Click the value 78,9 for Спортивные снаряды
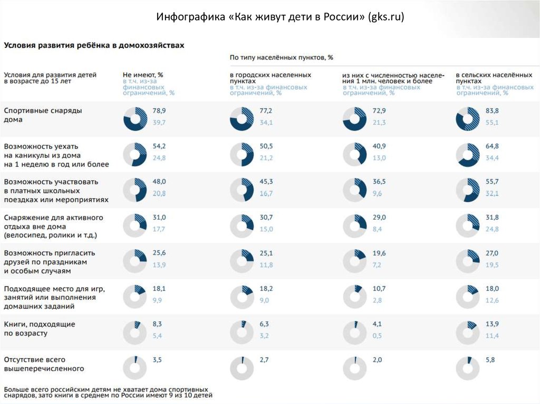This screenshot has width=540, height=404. click(159, 111)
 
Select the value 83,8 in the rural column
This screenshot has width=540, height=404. click(493, 111)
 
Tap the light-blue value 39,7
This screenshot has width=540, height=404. click(159, 122)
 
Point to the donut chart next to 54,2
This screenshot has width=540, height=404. click(135, 155)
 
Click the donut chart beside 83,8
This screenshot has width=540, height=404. click(468, 119)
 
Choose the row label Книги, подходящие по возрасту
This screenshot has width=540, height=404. click(40, 329)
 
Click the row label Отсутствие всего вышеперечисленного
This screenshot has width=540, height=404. click(44, 364)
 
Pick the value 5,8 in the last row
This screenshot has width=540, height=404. click(490, 360)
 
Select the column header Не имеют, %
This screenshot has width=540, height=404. click(143, 75)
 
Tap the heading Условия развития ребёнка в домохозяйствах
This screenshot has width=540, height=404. click(94, 46)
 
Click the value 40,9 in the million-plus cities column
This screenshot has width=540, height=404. click(379, 146)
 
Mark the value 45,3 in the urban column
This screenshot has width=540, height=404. click(266, 182)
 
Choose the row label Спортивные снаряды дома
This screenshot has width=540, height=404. click(43, 115)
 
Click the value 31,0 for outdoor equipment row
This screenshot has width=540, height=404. click(159, 218)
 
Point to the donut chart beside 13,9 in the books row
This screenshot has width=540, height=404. click(468, 333)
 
